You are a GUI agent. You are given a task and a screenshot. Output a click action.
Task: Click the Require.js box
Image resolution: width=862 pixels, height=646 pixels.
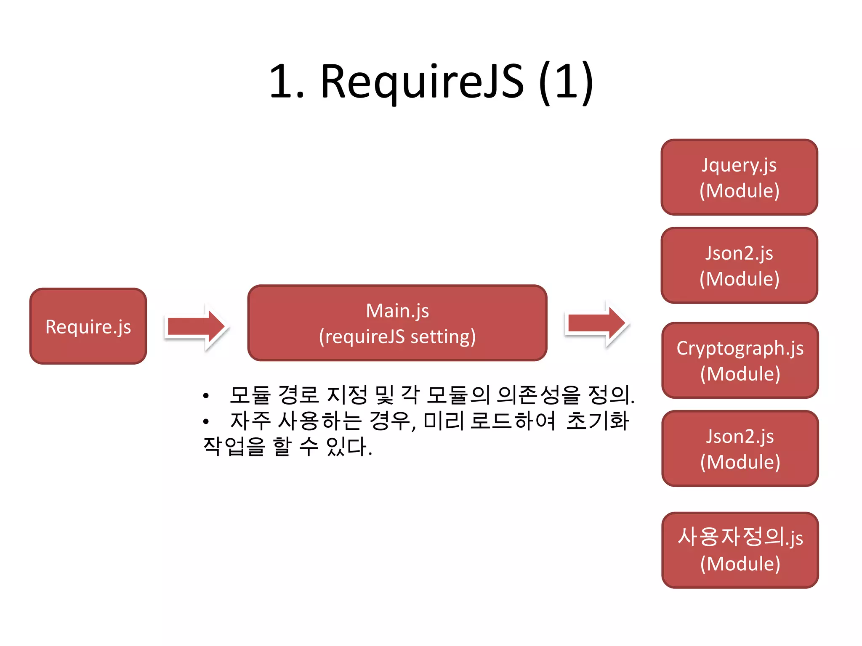(88, 326)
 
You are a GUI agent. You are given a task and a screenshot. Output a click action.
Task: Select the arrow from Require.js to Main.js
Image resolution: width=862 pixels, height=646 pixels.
(196, 327)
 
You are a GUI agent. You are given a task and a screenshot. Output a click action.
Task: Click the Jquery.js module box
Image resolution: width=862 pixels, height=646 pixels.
(739, 177)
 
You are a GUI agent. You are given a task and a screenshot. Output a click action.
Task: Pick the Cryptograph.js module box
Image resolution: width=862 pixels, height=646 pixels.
(740, 360)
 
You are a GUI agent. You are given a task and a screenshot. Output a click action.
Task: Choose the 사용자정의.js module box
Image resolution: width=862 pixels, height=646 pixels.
(740, 550)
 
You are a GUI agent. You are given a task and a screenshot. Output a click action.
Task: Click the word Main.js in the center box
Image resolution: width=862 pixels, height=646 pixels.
(397, 311)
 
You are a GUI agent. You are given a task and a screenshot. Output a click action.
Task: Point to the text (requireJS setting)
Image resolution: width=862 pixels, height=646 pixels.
(397, 337)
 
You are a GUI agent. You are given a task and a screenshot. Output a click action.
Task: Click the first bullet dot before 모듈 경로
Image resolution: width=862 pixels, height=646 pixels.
(205, 396)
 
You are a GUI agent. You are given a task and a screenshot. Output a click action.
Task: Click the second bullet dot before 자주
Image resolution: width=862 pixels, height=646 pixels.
(205, 421)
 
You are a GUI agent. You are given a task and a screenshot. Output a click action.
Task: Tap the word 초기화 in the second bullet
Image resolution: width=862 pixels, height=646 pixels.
(598, 421)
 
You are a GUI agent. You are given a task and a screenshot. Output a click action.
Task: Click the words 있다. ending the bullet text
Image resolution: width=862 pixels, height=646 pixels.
(349, 447)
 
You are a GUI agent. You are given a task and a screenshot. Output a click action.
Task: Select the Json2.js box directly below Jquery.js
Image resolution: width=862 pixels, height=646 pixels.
(739, 265)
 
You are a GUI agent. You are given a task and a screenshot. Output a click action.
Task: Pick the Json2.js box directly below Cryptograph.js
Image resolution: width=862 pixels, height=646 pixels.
(740, 448)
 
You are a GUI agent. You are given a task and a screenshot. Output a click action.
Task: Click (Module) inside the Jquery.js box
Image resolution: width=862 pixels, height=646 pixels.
(739, 191)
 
